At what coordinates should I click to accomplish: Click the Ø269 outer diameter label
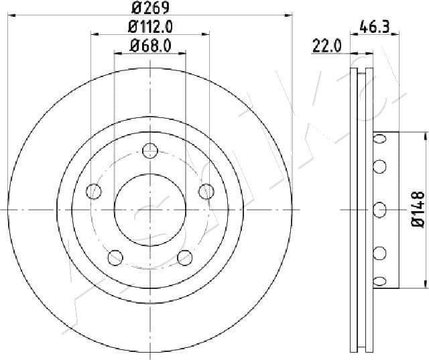[x=149, y=9]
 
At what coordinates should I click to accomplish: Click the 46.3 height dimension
[x=375, y=27]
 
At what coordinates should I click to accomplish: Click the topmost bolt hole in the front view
[x=149, y=151]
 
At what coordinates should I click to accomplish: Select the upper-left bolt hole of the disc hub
[x=94, y=192]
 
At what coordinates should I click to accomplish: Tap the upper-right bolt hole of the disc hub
[x=205, y=192]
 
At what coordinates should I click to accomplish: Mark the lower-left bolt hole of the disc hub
[x=115, y=256]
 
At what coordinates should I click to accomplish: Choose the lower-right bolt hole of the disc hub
[x=184, y=256]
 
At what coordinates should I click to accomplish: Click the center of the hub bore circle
[x=149, y=209]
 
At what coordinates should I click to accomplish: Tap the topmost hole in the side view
[x=379, y=139]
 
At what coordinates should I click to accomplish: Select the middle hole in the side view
[x=379, y=209]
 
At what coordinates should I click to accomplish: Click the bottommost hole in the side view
[x=379, y=280]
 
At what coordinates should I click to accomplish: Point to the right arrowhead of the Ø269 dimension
[x=290, y=14]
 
